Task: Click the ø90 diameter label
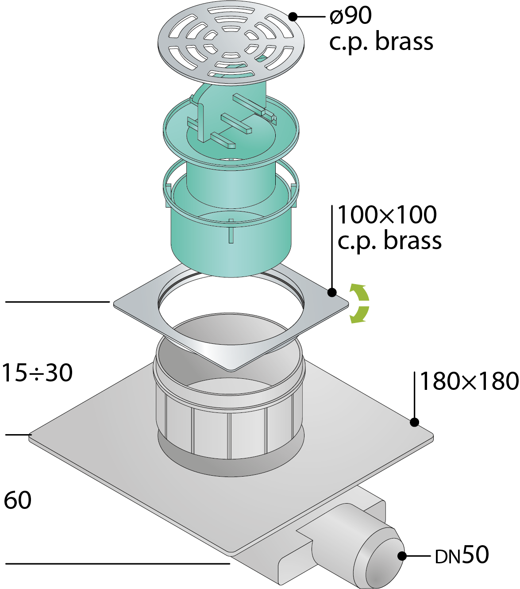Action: (x=351, y=15)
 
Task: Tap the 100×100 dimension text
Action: (x=387, y=215)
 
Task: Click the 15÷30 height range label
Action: (x=37, y=373)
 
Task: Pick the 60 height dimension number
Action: (x=17, y=500)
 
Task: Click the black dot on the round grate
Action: (x=293, y=16)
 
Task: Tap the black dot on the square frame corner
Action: (x=332, y=292)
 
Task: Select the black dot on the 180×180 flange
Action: (x=414, y=422)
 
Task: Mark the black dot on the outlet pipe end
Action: (x=402, y=556)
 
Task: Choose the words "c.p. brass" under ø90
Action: (x=381, y=42)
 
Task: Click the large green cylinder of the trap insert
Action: (x=231, y=239)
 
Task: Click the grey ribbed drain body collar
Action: (x=229, y=416)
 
